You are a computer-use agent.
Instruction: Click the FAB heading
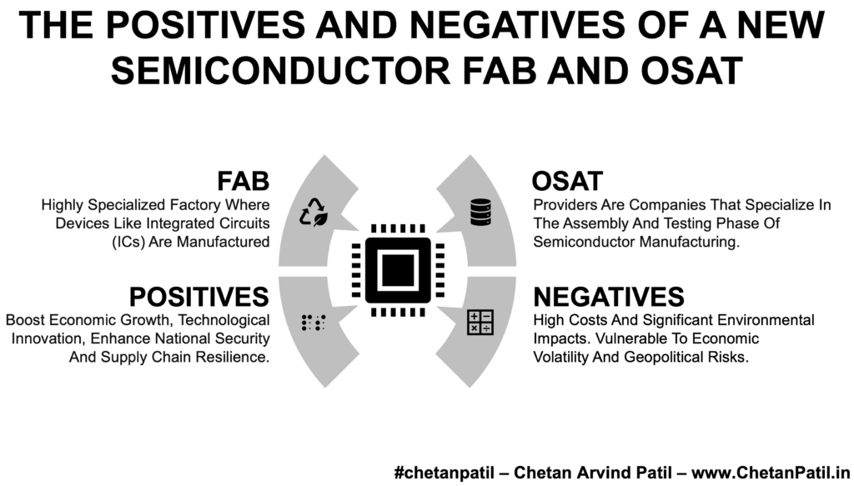point(243,181)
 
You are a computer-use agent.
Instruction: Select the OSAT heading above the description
point(567,181)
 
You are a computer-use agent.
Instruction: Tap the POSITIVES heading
point(198,297)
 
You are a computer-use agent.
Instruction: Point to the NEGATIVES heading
point(609,297)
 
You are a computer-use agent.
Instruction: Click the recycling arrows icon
point(314,212)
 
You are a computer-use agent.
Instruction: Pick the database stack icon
point(481,212)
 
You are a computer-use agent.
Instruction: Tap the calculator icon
point(480,322)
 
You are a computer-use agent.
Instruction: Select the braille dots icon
point(314,322)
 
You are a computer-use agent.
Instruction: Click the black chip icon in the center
point(398,270)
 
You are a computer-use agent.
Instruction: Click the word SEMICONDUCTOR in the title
point(280,71)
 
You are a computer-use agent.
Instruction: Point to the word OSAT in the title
point(691,71)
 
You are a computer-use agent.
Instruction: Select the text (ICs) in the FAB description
point(128,242)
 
